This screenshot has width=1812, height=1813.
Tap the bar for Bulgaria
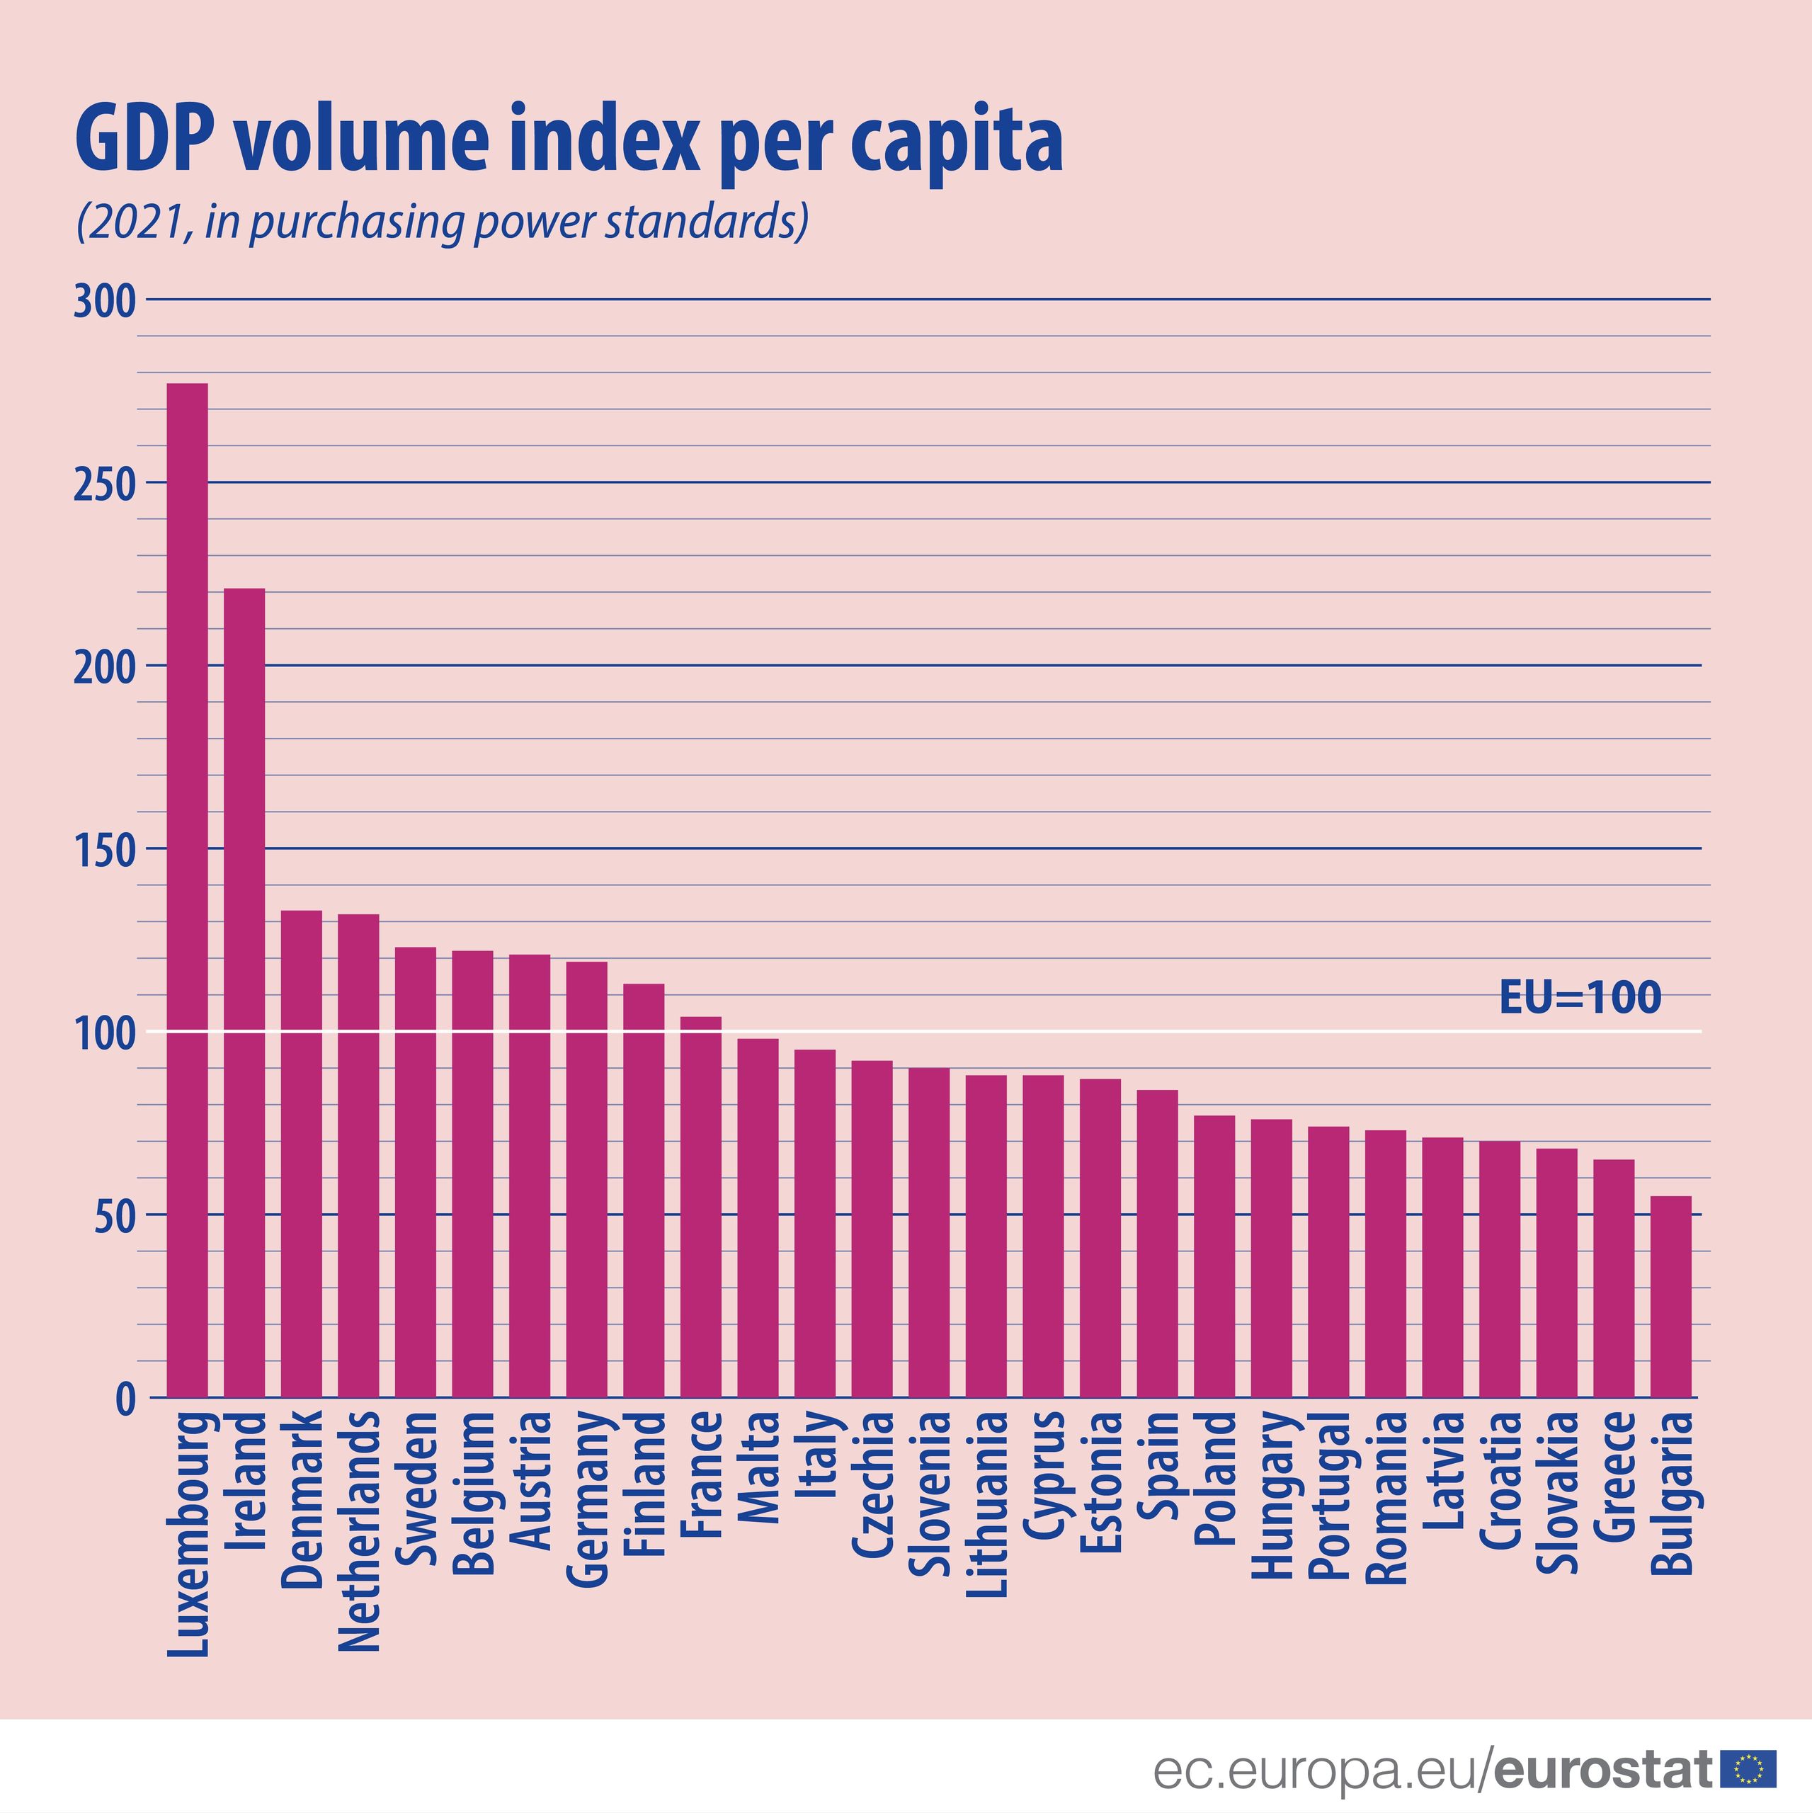(1670, 1296)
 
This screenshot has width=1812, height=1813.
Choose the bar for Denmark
(301, 1154)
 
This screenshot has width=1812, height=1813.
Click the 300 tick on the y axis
(104, 301)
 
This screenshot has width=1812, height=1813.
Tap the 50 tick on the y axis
(115, 1215)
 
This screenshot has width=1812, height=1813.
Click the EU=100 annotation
(1579, 996)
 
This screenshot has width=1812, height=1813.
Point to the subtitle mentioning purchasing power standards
(441, 222)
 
